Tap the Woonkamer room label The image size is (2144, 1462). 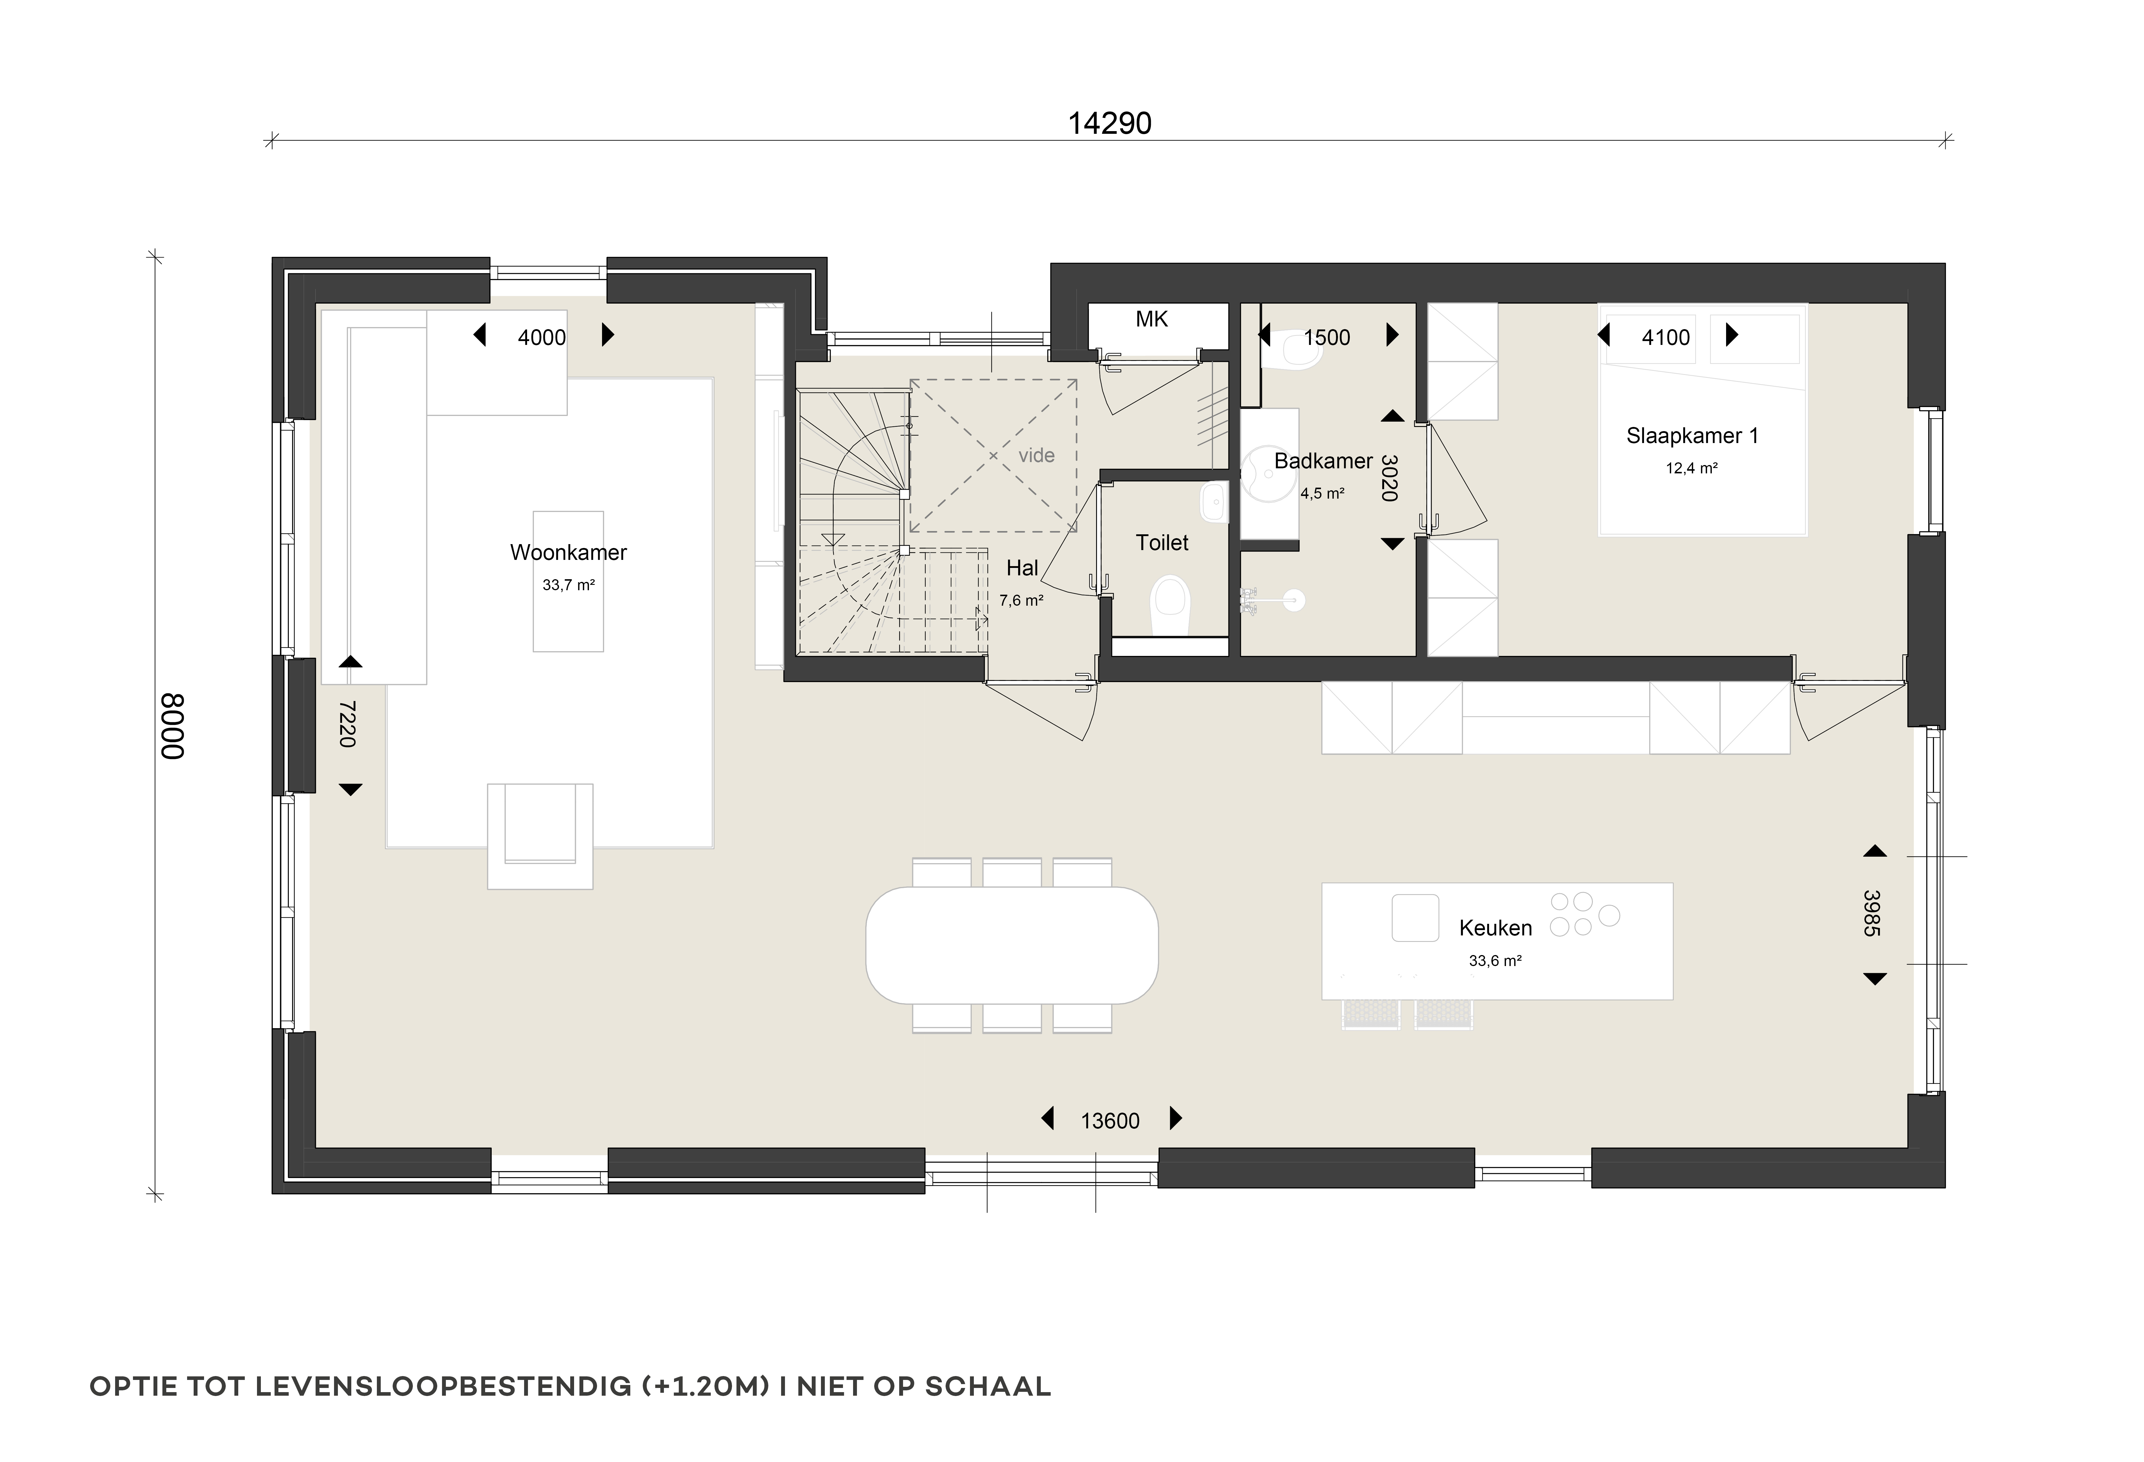(568, 552)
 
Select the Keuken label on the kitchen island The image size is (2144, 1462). (1496, 928)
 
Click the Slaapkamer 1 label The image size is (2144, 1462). (1692, 435)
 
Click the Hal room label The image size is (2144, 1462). (1022, 568)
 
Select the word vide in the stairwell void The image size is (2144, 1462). (1036, 456)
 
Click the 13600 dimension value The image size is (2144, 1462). (1110, 1121)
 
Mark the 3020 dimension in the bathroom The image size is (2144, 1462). (1389, 478)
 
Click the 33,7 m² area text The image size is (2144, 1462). (568, 585)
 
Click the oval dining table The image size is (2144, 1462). (1012, 946)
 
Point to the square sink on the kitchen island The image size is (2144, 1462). (1415, 918)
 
